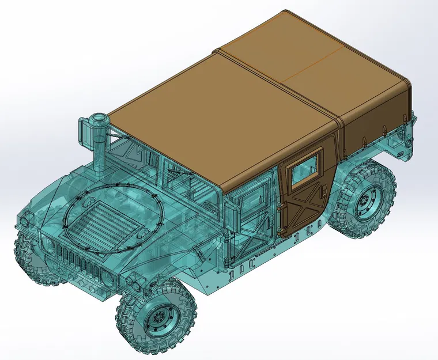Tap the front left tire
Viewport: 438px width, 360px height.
click(32, 262)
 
